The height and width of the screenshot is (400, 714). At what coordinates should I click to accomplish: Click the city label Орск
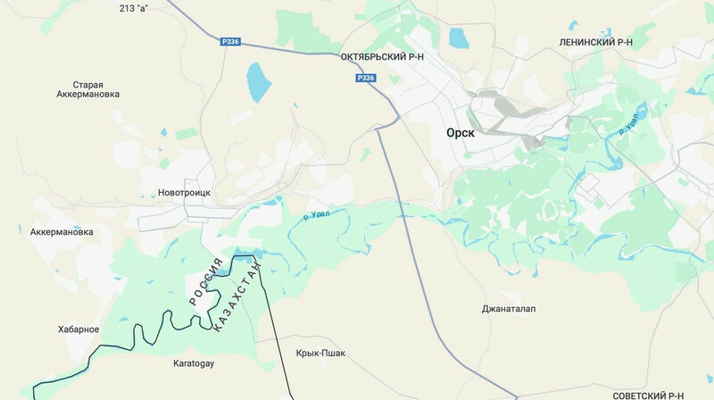pos(461,132)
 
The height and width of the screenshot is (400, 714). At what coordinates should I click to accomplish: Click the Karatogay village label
pos(194,364)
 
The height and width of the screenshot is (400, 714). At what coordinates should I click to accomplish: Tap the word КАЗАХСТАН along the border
pos(237,296)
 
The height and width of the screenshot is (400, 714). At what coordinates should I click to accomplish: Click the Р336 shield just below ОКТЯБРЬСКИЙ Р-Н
pos(365,79)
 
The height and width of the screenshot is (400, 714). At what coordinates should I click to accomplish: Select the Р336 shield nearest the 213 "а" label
pos(230,41)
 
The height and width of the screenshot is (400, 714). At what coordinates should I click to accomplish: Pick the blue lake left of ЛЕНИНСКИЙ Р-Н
pos(459,38)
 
